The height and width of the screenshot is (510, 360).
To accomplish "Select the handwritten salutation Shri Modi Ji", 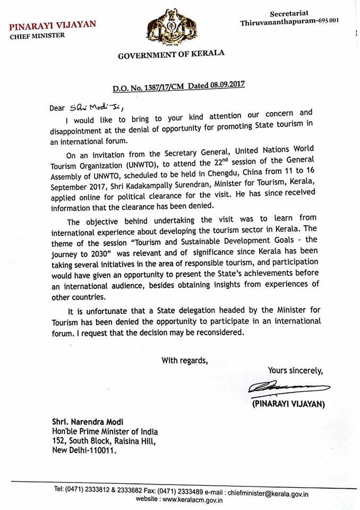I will pos(80,106).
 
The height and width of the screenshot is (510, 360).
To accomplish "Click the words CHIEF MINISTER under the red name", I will pos(38,36).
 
